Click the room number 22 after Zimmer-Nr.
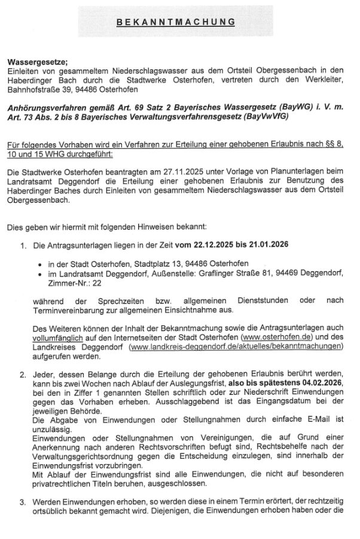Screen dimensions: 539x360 81,283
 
